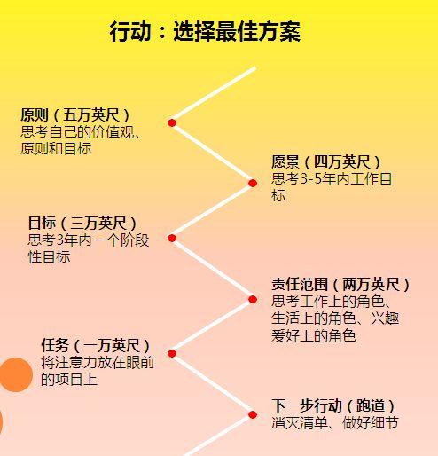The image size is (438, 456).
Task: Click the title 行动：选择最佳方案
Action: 205,31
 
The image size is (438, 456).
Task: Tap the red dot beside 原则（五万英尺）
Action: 172,122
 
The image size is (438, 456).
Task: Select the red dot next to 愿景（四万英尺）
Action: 253,183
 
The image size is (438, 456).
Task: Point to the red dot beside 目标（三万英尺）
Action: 172,238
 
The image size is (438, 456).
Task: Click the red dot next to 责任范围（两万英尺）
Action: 253,300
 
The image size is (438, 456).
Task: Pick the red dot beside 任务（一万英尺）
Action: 172,353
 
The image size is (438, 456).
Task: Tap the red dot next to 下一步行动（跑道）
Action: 253,415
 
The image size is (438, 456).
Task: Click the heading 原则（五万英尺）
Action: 75,114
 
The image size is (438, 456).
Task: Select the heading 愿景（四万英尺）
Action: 325,161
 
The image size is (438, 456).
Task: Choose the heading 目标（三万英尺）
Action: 82,223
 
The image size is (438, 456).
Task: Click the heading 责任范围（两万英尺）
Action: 340,284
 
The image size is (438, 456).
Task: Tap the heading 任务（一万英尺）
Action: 95,345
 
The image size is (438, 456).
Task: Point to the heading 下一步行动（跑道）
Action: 333,405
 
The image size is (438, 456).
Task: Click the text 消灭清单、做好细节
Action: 335,423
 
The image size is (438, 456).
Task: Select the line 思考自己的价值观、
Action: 81,132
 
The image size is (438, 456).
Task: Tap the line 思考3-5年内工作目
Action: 332,178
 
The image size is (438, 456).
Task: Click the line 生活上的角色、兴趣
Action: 335,318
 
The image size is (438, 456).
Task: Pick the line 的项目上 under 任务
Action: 69,379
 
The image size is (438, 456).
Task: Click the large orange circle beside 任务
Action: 16,375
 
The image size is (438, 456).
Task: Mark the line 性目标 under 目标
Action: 49,256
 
